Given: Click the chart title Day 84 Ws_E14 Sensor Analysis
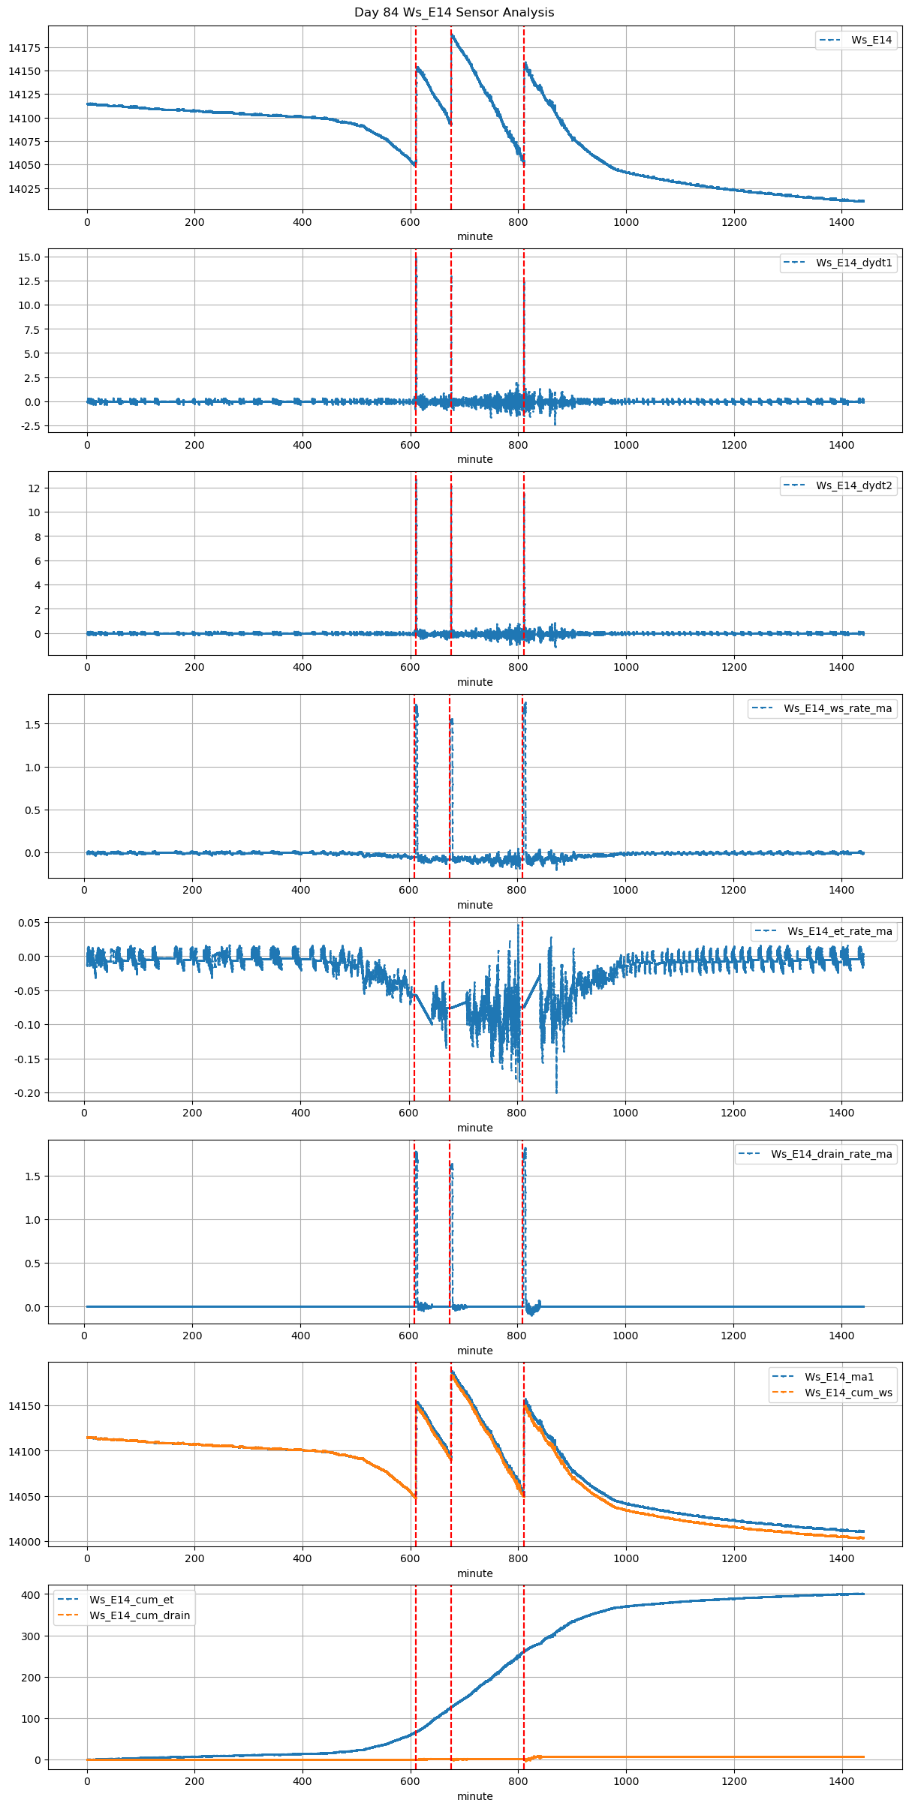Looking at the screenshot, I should [454, 13].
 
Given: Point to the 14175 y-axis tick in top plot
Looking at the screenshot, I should [24, 48].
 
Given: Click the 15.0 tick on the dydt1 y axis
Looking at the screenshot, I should [31, 257].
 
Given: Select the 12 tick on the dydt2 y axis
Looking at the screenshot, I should [35, 488].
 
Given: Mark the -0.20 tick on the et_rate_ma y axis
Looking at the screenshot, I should [28, 1093].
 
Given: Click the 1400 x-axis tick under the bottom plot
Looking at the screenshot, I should [842, 1783].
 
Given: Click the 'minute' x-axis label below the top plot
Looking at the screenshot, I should [475, 236].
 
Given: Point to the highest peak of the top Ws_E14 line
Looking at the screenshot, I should [451, 33].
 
